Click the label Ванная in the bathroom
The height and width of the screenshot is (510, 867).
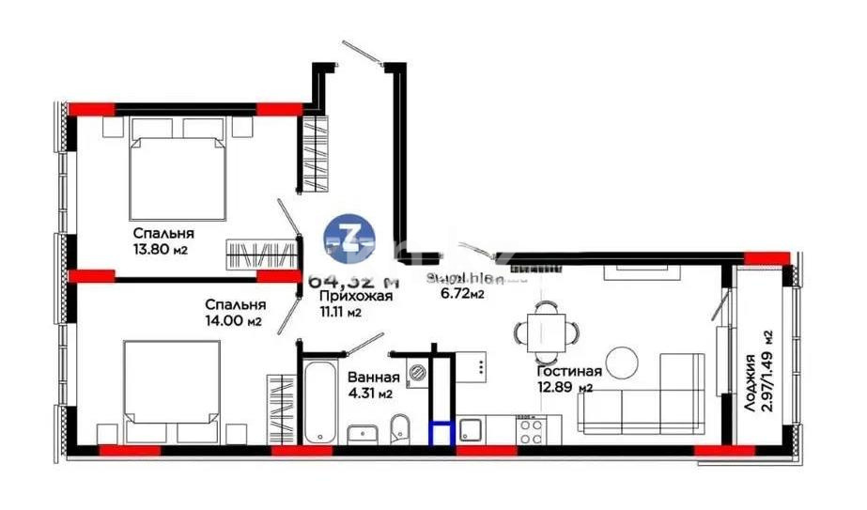click(375, 378)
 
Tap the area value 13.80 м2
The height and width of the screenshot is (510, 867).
click(163, 250)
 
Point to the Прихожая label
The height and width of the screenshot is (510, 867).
click(349, 297)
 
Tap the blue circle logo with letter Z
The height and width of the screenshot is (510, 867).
click(348, 236)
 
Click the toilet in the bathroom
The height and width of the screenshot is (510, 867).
click(399, 425)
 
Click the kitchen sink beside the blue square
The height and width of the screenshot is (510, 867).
click(471, 429)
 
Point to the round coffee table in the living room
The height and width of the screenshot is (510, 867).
click(623, 363)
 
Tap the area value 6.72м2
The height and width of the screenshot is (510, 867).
click(462, 294)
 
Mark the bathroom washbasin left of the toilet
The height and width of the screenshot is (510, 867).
click(361, 432)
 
